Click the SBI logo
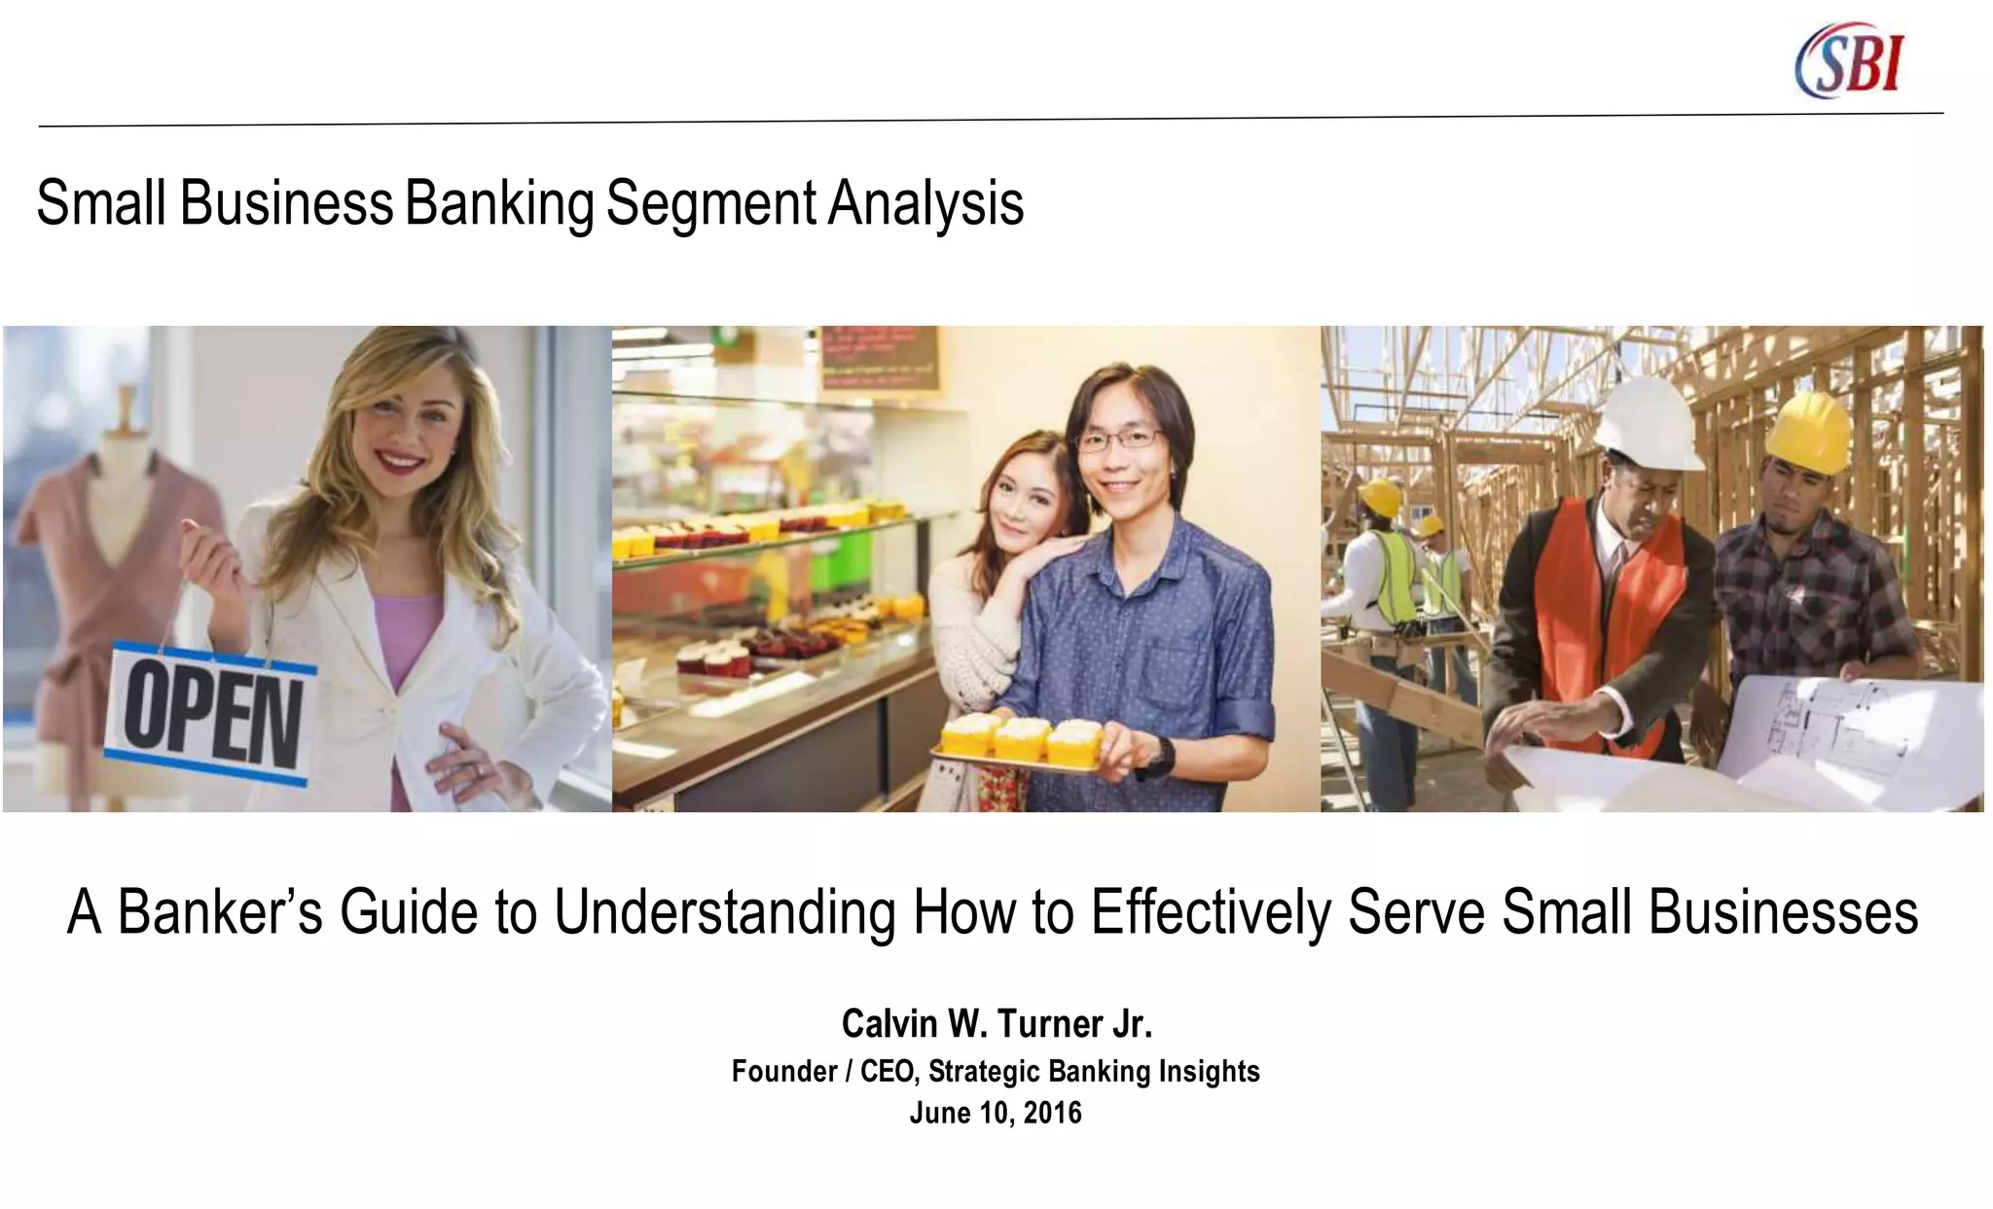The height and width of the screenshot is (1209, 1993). tap(1849, 61)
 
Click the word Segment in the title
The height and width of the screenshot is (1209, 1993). tap(711, 203)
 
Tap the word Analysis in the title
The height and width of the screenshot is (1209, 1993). tap(926, 203)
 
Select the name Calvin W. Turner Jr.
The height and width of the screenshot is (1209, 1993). tap(996, 1023)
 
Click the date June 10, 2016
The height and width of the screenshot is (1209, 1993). tap(996, 1113)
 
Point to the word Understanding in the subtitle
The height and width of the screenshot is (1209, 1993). tap(724, 912)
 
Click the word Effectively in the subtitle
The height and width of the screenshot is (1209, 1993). tap(1210, 912)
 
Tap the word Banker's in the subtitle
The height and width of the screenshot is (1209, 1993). tap(220, 912)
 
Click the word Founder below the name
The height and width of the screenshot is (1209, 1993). tap(783, 1071)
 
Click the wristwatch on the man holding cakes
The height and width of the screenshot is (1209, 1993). tap(1158, 757)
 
